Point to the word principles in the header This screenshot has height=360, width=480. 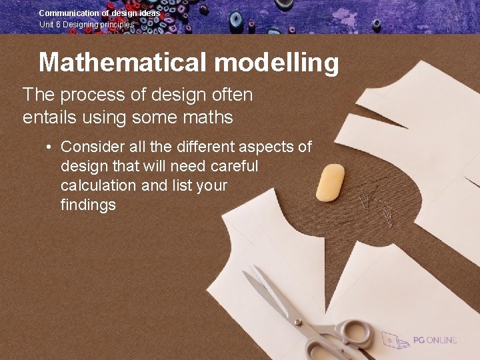(117, 24)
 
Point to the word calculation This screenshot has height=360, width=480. (99, 185)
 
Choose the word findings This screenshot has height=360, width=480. (88, 204)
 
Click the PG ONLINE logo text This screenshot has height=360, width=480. (434, 340)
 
